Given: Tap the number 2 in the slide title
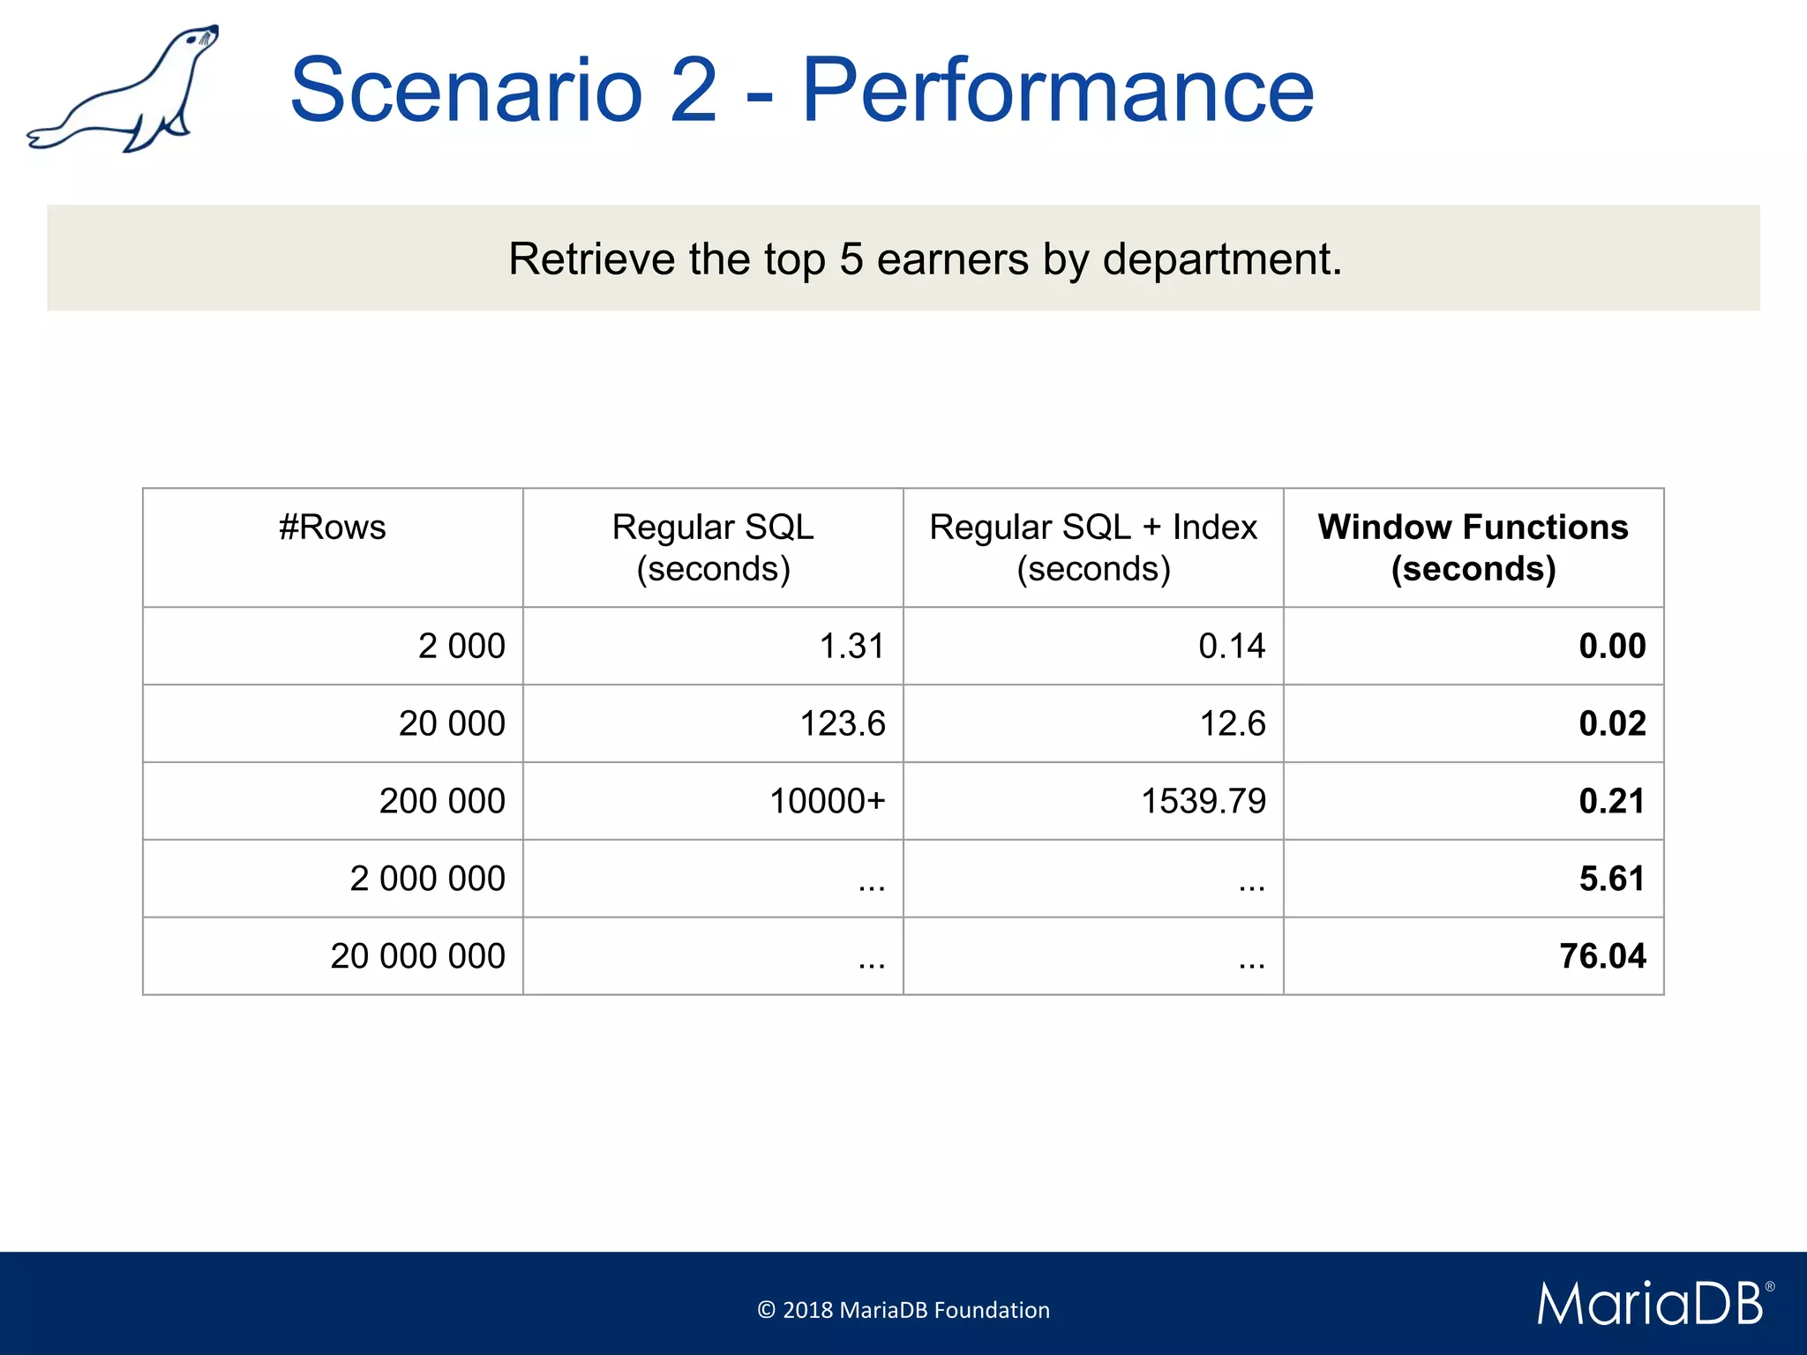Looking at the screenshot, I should click(x=693, y=91).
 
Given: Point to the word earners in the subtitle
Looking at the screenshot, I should click(x=952, y=259).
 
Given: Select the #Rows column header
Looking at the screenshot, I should click(x=333, y=528).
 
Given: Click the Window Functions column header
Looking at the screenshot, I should click(x=1473, y=547).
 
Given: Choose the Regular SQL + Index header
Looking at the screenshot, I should click(x=1092, y=547).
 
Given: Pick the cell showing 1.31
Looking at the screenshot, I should click(x=851, y=647).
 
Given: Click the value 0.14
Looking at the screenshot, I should click(x=1231, y=647).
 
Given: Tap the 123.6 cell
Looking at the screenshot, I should click(x=842, y=724).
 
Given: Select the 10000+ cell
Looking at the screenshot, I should click(x=827, y=802).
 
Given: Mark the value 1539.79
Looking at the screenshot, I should click(x=1203, y=802).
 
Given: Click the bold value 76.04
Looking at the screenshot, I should click(x=1601, y=956).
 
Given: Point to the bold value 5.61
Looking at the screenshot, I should click(x=1611, y=879).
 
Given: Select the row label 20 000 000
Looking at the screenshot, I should click(x=417, y=956).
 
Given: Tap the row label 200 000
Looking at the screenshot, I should click(x=442, y=802).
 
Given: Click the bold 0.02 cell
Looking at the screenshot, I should click(x=1611, y=724).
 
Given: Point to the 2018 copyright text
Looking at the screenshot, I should click(x=903, y=1310).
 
